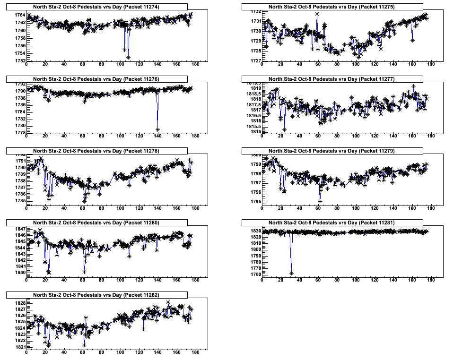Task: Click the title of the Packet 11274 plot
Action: click(96, 7)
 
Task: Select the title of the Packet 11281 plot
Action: click(331, 223)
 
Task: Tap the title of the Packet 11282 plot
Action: click(96, 295)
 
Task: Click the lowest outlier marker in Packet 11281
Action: click(291, 273)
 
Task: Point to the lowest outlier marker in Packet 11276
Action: click(157, 129)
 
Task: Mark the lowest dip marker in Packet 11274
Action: click(129, 57)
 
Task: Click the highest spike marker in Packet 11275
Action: click(317, 14)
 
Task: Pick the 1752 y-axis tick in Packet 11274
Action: click(19, 61)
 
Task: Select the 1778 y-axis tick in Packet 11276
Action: click(19, 133)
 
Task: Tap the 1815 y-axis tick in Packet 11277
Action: click(255, 132)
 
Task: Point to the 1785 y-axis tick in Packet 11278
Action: click(19, 201)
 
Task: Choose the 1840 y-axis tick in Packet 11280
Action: click(19, 272)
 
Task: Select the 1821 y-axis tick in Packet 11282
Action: click(19, 347)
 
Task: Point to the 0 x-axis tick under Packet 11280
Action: click(26, 280)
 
